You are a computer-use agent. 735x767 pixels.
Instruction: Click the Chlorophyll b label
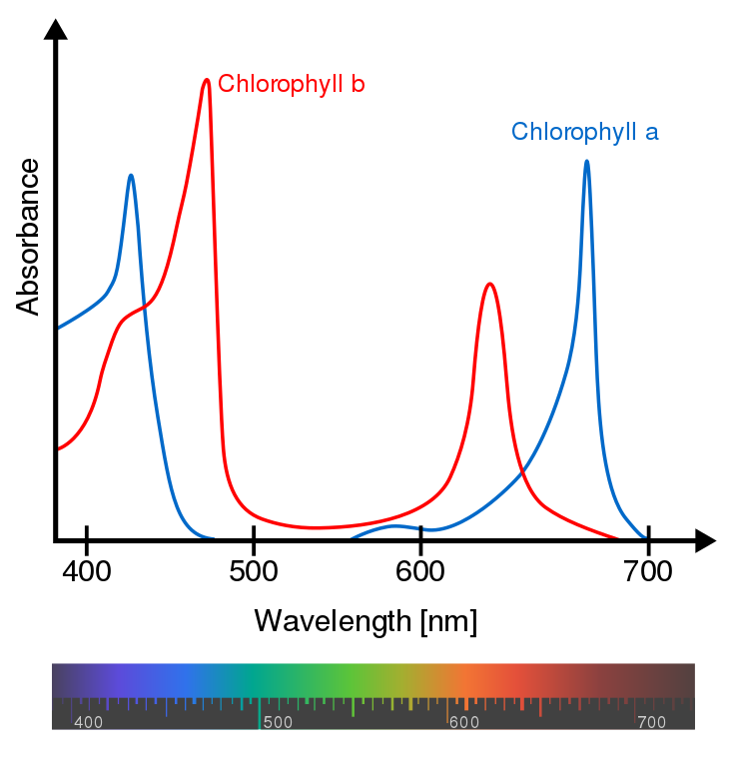pyautogui.click(x=291, y=84)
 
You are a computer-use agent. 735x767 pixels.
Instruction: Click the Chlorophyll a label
pyautogui.click(x=584, y=132)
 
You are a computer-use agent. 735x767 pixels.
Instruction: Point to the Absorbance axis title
pyautogui.click(x=29, y=237)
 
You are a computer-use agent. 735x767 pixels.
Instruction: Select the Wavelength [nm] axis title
pyautogui.click(x=366, y=621)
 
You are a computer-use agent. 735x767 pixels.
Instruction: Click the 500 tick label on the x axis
pyautogui.click(x=254, y=573)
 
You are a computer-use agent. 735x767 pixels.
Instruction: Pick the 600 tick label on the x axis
pyautogui.click(x=420, y=573)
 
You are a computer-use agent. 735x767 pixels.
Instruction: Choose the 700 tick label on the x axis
pyautogui.click(x=648, y=573)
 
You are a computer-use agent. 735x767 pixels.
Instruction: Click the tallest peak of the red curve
pyautogui.click(x=207, y=80)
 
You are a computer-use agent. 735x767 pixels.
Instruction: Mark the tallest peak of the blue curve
pyautogui.click(x=586, y=161)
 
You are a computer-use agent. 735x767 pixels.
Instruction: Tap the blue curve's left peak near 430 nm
pyautogui.click(x=131, y=176)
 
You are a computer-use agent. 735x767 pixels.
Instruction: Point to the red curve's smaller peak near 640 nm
pyautogui.click(x=489, y=285)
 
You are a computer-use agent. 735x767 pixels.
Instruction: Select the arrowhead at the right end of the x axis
pyautogui.click(x=705, y=540)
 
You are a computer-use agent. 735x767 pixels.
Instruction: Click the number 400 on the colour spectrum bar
pyautogui.click(x=89, y=722)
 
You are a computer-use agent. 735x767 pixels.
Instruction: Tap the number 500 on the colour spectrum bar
pyautogui.click(x=278, y=722)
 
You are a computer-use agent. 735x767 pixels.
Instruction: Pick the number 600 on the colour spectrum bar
pyautogui.click(x=464, y=722)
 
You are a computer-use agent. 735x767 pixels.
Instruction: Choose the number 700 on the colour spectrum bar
pyautogui.click(x=652, y=722)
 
